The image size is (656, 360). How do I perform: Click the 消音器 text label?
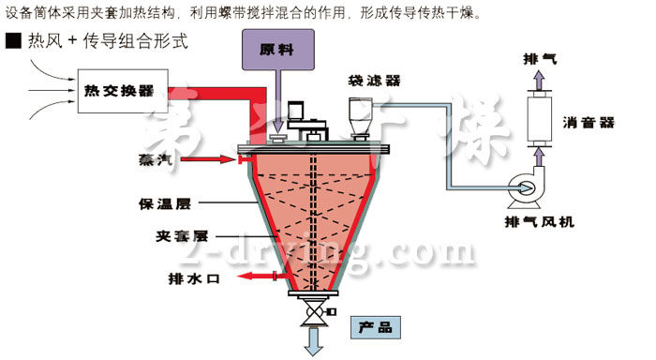589,123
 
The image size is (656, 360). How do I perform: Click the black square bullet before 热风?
12,41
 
